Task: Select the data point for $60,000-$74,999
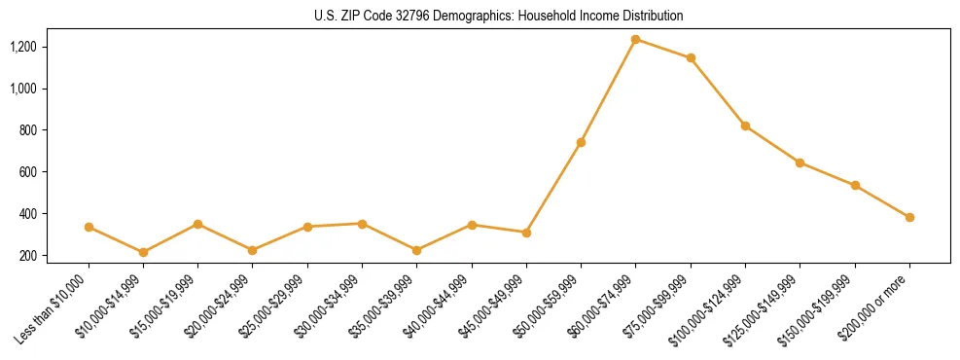pyautogui.click(x=636, y=39)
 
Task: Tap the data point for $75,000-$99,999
pyautogui.click(x=691, y=58)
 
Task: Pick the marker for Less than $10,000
pyautogui.click(x=89, y=227)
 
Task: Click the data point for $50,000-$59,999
pyautogui.click(x=581, y=142)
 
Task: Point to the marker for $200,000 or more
pyautogui.click(x=909, y=217)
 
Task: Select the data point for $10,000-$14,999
pyautogui.click(x=143, y=252)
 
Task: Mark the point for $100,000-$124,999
pyautogui.click(x=745, y=126)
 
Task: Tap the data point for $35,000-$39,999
pyautogui.click(x=417, y=250)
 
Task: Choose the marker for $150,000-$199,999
pyautogui.click(x=855, y=185)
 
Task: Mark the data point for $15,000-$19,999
pyautogui.click(x=198, y=224)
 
